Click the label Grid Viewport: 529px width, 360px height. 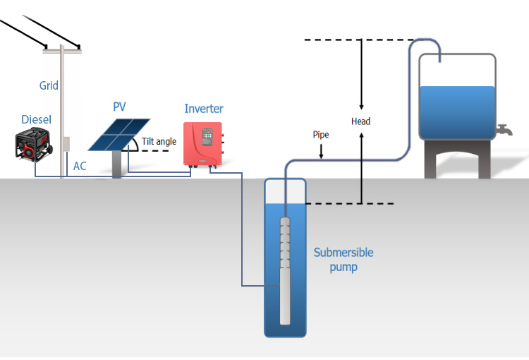coord(49,86)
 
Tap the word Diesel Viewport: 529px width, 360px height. coord(36,120)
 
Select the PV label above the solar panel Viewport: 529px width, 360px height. coord(119,107)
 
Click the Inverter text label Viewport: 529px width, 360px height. coord(204,109)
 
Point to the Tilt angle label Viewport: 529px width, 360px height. coord(159,142)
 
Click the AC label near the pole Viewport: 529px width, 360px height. coord(80,167)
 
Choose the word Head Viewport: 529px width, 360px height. coord(361,121)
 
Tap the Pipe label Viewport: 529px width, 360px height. coord(320,134)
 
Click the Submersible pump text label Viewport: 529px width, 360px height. coord(343,260)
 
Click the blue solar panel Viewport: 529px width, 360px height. coord(119,134)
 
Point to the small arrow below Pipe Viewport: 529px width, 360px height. coord(321,150)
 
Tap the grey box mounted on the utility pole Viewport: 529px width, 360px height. coord(66,143)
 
